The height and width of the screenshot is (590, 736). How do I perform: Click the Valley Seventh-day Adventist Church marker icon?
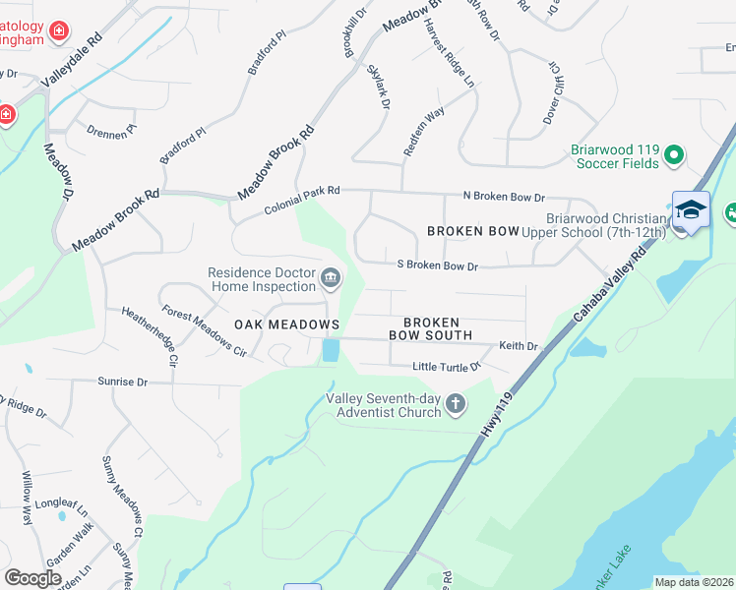click(x=455, y=403)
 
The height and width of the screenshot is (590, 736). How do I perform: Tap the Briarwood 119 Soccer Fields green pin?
click(x=674, y=155)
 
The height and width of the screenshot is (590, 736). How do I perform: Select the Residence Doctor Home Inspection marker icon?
click(x=331, y=280)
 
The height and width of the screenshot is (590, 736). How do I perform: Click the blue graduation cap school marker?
click(x=691, y=210)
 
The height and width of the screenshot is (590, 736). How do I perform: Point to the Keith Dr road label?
click(x=519, y=346)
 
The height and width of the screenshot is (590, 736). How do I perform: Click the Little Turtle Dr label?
click(x=446, y=367)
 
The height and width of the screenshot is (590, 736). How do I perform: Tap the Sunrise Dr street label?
click(x=122, y=382)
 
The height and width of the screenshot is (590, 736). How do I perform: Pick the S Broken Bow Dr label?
click(x=437, y=265)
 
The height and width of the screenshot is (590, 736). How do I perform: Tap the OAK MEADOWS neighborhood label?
click(x=286, y=324)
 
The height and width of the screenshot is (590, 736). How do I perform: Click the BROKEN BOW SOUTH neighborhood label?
click(x=431, y=329)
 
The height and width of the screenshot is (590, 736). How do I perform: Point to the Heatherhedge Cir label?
click(x=149, y=335)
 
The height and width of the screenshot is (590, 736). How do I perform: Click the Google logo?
click(x=32, y=578)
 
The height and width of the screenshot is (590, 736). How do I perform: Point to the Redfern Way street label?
click(x=424, y=131)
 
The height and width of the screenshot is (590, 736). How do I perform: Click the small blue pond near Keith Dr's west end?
click(x=330, y=349)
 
